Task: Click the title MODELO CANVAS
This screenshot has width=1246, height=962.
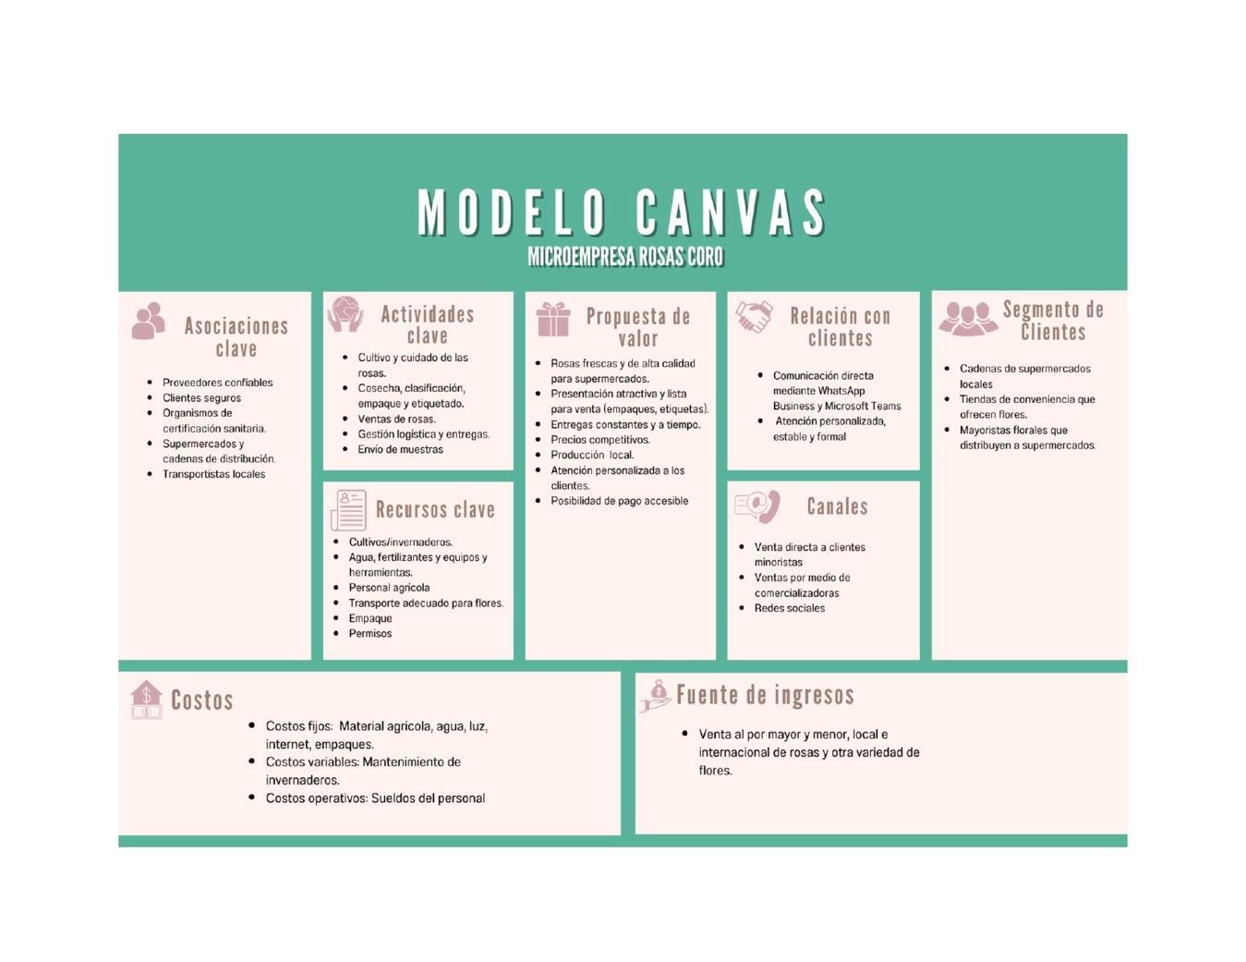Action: [x=623, y=213]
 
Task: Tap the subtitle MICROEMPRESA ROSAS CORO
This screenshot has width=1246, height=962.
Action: [x=625, y=257]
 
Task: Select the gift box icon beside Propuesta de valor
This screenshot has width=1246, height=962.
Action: [x=553, y=320]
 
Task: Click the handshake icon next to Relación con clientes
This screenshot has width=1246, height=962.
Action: [x=754, y=317]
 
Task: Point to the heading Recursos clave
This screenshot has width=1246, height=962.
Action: [x=435, y=510]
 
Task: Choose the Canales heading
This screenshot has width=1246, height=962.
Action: [x=837, y=506]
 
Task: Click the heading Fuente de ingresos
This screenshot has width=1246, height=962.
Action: [x=765, y=695]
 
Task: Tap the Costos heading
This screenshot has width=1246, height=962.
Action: [x=201, y=700]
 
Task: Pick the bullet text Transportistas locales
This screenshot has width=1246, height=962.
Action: [x=213, y=474]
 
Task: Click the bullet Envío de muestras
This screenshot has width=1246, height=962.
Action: [x=400, y=450]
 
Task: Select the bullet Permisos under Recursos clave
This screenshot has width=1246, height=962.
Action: [x=369, y=634]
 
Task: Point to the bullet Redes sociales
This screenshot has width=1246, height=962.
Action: [x=789, y=608]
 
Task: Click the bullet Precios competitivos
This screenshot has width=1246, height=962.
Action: [x=600, y=440]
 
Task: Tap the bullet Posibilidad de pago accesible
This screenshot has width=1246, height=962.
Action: [x=619, y=501]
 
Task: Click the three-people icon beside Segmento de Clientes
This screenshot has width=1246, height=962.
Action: [x=967, y=319]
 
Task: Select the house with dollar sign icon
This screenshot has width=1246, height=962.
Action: [x=146, y=700]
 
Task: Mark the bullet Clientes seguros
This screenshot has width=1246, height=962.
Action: [x=201, y=398]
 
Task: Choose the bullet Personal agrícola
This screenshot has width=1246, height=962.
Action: [x=389, y=588]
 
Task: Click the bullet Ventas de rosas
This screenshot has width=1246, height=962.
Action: [x=396, y=420]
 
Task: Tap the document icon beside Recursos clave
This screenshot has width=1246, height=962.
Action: [x=348, y=510]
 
